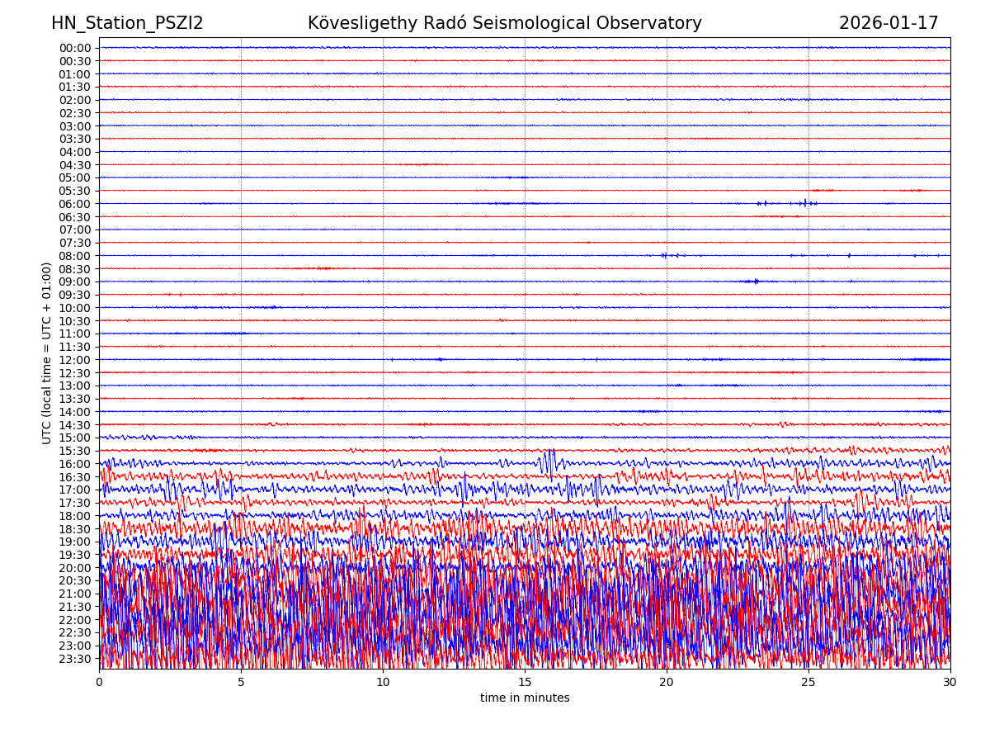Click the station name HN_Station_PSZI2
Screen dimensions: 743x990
click(127, 23)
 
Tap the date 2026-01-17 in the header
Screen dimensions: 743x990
click(889, 23)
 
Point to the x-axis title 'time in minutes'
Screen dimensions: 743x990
click(525, 698)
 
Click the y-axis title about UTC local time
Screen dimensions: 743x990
click(48, 353)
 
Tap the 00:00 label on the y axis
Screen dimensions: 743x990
click(75, 48)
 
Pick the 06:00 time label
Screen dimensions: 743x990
click(75, 204)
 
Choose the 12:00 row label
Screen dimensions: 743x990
click(75, 360)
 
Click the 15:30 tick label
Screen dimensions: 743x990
click(75, 451)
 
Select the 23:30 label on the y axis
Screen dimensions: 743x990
click(75, 659)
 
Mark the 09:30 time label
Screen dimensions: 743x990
click(75, 295)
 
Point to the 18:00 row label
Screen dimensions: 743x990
click(75, 516)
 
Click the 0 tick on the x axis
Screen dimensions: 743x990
click(99, 682)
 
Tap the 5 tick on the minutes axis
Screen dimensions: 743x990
click(241, 682)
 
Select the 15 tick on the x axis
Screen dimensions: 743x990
click(525, 682)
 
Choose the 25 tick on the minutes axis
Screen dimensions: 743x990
click(808, 682)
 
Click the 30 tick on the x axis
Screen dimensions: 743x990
click(950, 682)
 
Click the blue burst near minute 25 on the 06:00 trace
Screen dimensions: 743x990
click(805, 203)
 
